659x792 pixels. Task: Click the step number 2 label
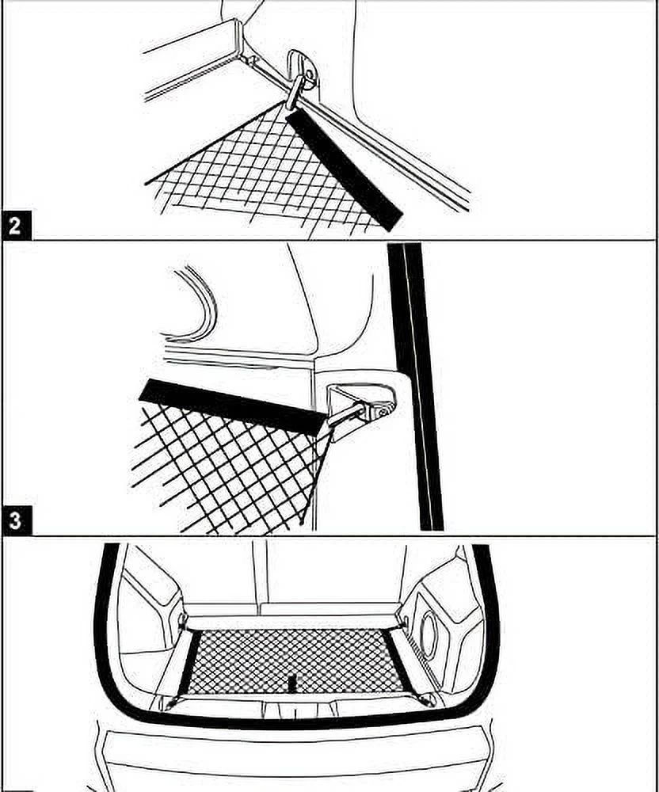point(15,226)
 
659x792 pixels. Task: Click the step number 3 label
point(15,522)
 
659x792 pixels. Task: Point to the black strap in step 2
point(344,167)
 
